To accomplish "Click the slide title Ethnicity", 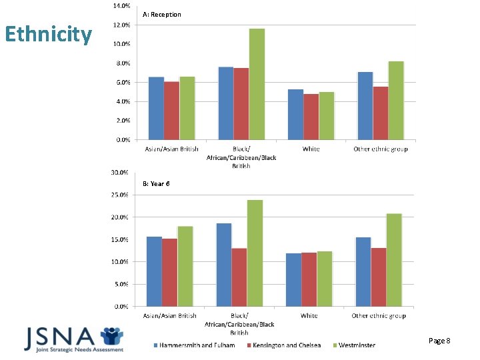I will point(48,34).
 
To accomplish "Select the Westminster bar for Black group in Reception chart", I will point(257,85).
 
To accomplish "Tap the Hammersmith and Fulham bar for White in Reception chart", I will point(295,115).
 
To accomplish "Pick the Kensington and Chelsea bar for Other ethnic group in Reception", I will point(381,113).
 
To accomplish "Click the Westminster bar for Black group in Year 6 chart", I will point(255,253).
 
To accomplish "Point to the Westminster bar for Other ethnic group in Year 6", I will point(394,260).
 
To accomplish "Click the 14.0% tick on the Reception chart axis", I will point(121,6).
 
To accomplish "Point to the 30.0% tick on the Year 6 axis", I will point(120,173).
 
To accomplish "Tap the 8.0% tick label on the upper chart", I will point(121,63).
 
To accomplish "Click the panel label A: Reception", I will point(162,15).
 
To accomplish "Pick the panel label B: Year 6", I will point(156,183).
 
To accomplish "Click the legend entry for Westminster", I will point(357,345).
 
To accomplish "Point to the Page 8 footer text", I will point(439,341).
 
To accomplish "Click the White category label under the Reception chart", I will point(311,149).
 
